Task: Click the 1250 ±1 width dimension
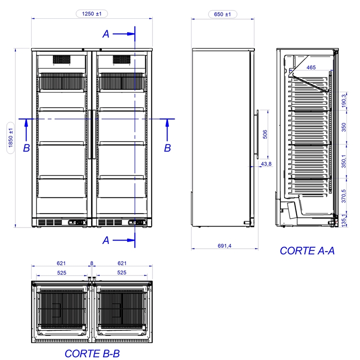coord(92,14)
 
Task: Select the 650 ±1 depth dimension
coord(222,14)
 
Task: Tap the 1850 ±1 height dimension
coord(11,138)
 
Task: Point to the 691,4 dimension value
coord(224,246)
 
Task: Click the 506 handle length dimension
coord(264,134)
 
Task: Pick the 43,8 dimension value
coord(266,164)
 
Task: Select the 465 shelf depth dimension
coord(311,67)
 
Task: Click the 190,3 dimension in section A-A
coord(344,101)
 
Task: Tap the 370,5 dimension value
coord(344,196)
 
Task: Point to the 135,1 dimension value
coord(344,221)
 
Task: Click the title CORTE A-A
coord(307,251)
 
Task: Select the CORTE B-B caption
coord(92,354)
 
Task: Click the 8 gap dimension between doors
coord(92,263)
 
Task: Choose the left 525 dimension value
coord(61,273)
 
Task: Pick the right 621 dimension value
coord(122,263)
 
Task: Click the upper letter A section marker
coord(106,34)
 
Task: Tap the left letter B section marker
coord(26,148)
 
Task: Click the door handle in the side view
coord(258,134)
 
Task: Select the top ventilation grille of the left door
coord(61,59)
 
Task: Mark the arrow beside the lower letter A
coord(124,240)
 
